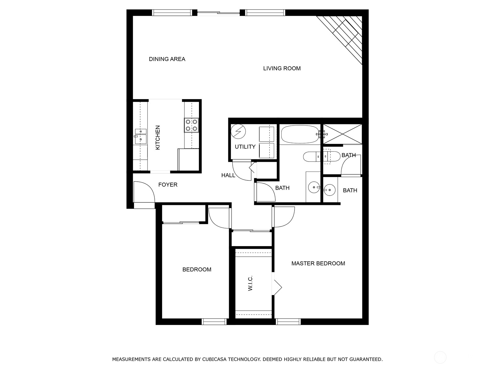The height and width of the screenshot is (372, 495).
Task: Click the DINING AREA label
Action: pyautogui.click(x=167, y=59)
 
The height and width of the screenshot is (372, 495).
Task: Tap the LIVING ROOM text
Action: pyautogui.click(x=282, y=68)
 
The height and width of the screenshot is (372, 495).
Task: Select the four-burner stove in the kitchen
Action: pyautogui.click(x=192, y=125)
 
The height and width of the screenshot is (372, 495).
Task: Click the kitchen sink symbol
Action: pyautogui.click(x=140, y=137)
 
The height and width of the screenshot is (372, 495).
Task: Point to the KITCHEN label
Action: pyautogui.click(x=158, y=137)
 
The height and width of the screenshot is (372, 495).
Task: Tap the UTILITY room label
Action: pyautogui.click(x=245, y=147)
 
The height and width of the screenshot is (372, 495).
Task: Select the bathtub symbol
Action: pyautogui.click(x=299, y=134)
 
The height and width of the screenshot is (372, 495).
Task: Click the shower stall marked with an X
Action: pyautogui.click(x=342, y=134)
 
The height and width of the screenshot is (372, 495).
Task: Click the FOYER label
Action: pyautogui.click(x=168, y=185)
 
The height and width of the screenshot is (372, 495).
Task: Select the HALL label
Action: pyautogui.click(x=228, y=175)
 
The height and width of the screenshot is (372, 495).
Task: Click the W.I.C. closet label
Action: pyautogui.click(x=251, y=283)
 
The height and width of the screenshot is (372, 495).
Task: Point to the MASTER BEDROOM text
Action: pyautogui.click(x=318, y=263)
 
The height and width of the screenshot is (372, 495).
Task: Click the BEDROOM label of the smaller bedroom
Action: pyautogui.click(x=197, y=270)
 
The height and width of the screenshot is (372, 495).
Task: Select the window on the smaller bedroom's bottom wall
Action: pyautogui.click(x=214, y=322)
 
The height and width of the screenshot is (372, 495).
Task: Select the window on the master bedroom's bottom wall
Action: pyautogui.click(x=288, y=322)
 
